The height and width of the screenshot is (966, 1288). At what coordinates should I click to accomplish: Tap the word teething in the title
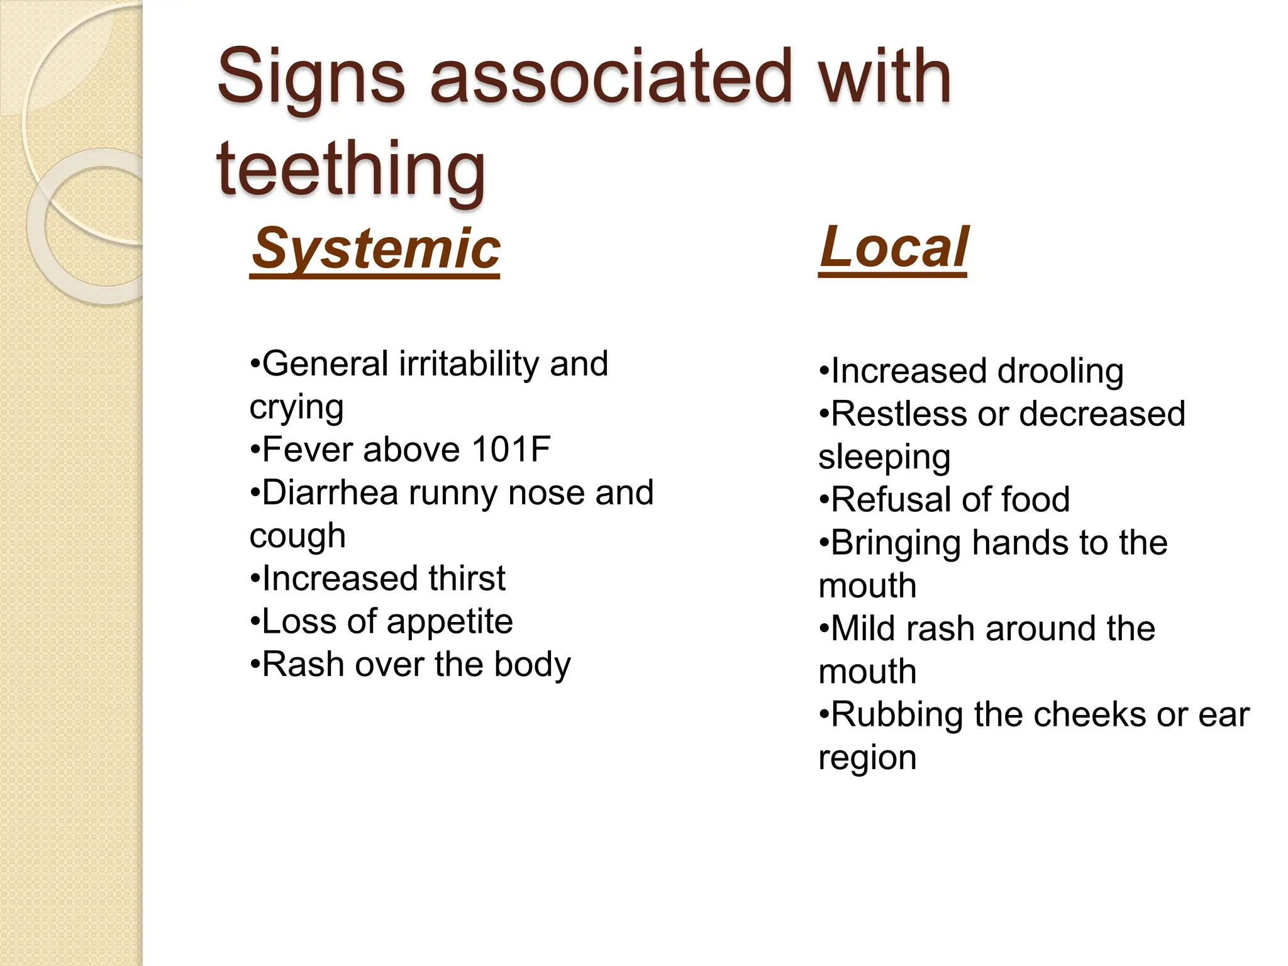click(x=350, y=169)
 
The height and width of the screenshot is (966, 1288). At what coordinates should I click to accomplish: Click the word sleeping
click(x=884, y=458)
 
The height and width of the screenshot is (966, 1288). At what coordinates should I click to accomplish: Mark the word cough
click(x=297, y=536)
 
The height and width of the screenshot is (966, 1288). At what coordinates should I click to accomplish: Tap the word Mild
click(x=863, y=629)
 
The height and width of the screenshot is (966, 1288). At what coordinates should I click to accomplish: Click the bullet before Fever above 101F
click(x=254, y=450)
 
